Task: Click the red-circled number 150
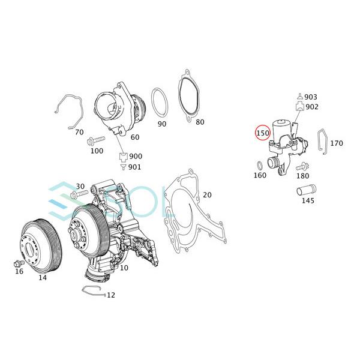tap(263, 132)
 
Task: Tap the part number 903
tap(311, 97)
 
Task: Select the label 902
tap(311, 107)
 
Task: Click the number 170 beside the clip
tap(337, 143)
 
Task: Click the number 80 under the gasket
tap(200, 122)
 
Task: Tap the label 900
tap(135, 156)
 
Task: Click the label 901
tap(135, 167)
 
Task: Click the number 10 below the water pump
tap(124, 268)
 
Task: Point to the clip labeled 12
tap(91, 293)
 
